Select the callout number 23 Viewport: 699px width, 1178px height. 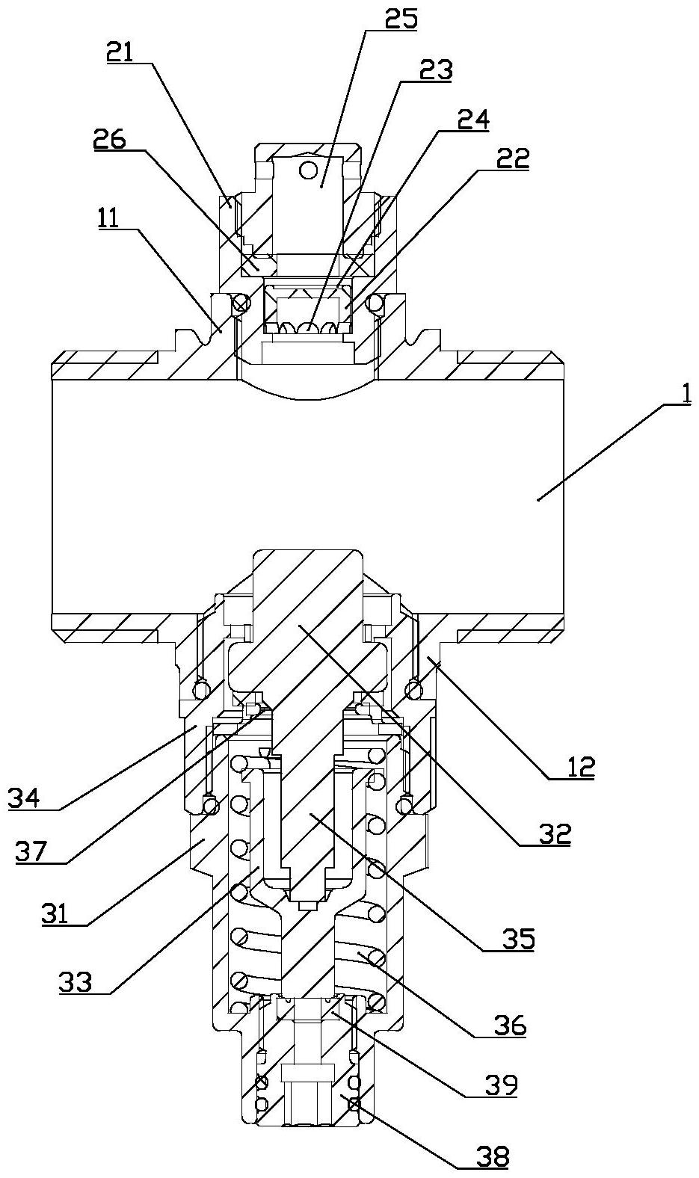(x=436, y=70)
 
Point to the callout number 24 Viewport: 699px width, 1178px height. (x=472, y=120)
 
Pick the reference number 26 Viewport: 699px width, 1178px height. (x=110, y=140)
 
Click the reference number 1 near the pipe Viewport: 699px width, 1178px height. (x=685, y=394)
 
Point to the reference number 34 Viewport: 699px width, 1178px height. (x=23, y=799)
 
